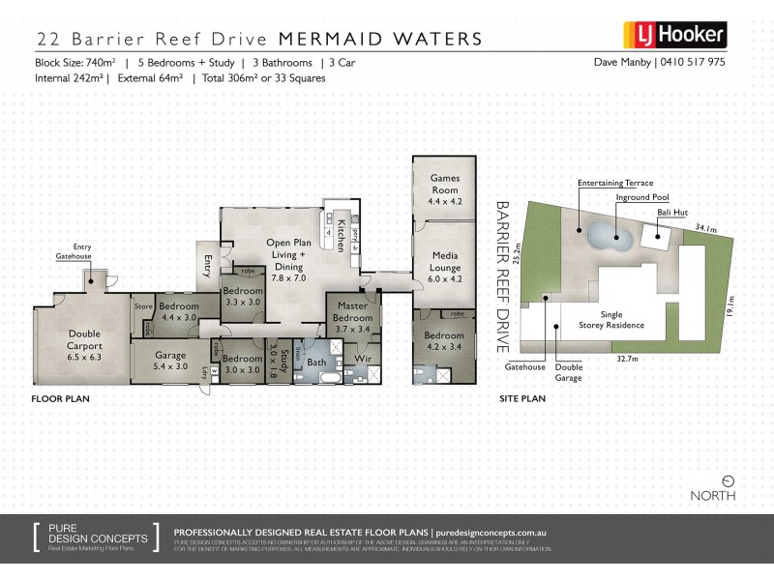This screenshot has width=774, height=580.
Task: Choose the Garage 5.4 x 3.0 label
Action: point(170,361)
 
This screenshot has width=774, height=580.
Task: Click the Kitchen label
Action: point(342,235)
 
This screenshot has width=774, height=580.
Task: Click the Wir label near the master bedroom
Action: point(363,359)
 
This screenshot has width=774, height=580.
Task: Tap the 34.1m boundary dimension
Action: point(705,228)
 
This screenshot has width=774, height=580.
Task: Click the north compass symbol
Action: point(728,480)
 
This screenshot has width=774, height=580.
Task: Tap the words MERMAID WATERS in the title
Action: point(380,39)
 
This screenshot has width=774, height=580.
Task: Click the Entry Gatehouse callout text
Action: point(74,252)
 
